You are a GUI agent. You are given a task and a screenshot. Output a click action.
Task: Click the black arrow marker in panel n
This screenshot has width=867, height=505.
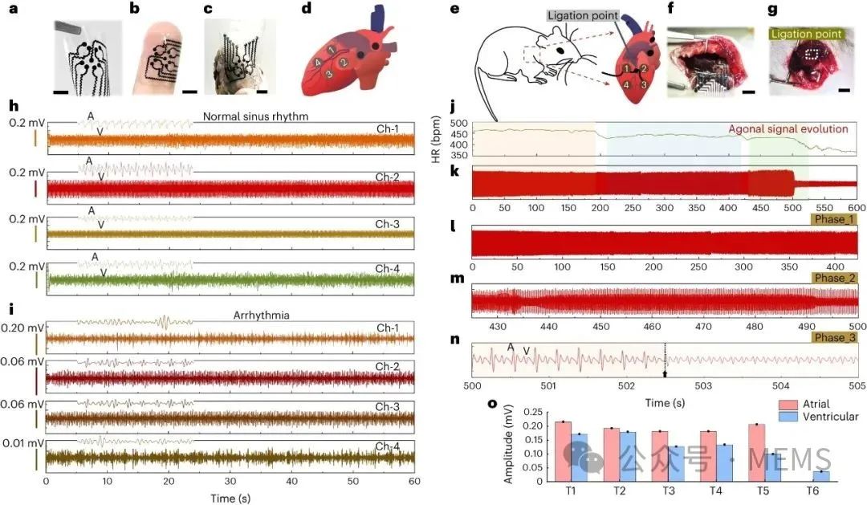tap(665, 373)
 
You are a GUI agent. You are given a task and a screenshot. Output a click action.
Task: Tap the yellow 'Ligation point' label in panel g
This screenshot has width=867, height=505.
tap(806, 34)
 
